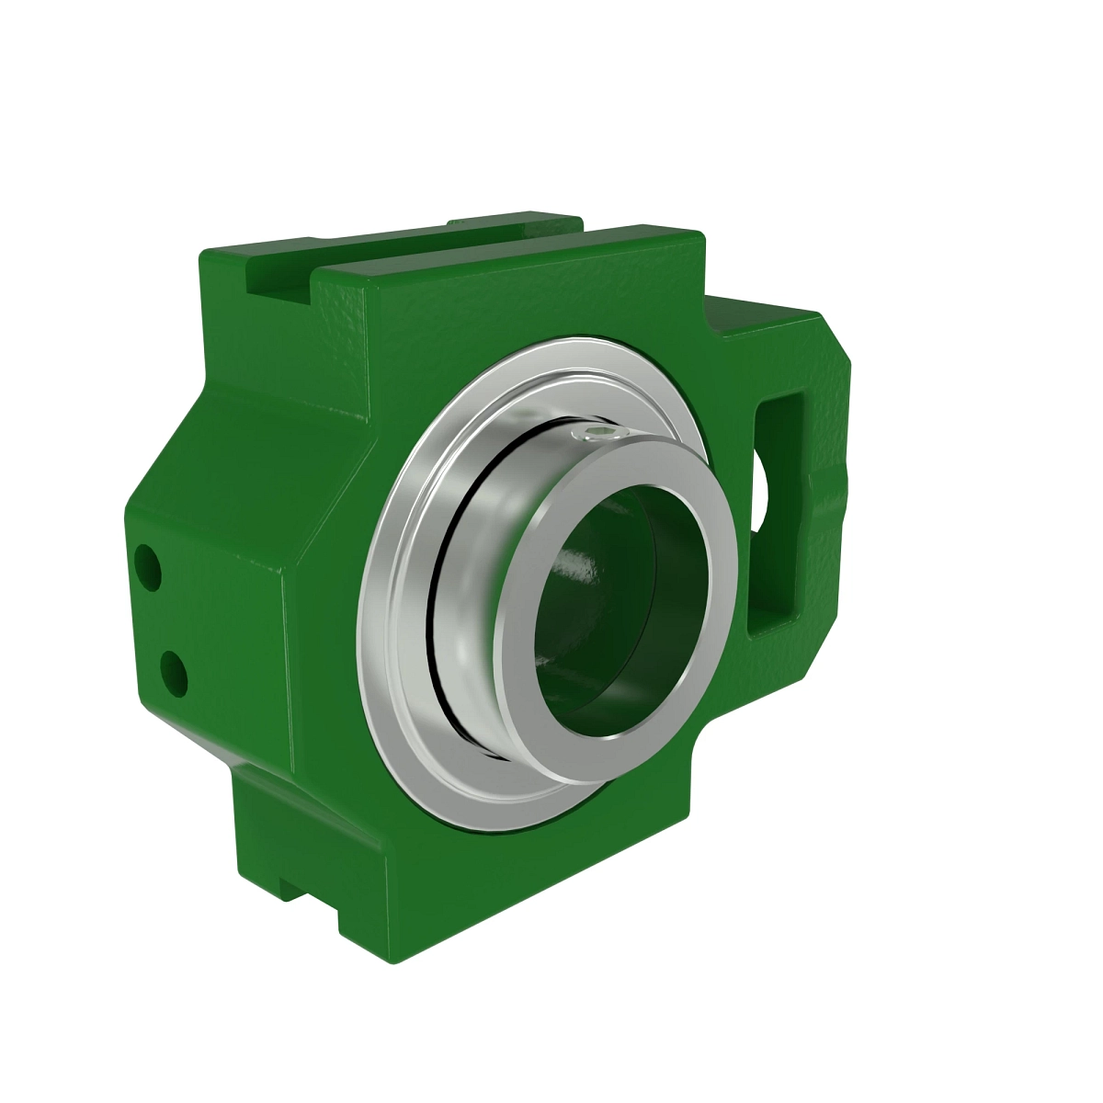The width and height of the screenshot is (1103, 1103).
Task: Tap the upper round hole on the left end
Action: pyautogui.click(x=147, y=566)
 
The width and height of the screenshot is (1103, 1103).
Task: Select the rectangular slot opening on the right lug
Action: pyautogui.click(x=778, y=515)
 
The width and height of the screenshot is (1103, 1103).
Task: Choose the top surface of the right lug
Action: pyautogui.click(x=763, y=313)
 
